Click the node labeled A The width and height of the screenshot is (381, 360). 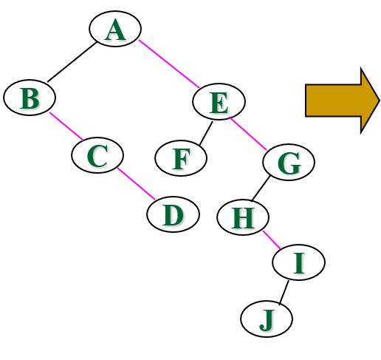(115, 29)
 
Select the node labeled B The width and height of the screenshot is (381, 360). (30, 98)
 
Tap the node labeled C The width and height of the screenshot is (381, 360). (97, 155)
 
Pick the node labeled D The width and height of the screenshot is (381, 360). (173, 214)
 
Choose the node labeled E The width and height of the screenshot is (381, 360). (219, 101)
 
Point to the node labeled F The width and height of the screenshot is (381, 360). (181, 158)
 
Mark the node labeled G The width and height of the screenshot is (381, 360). (289, 162)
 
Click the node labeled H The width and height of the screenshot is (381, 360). (243, 217)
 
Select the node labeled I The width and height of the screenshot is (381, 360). (298, 262)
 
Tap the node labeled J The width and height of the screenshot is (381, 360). (267, 319)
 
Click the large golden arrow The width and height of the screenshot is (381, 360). (343, 101)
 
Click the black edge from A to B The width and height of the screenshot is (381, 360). (72, 62)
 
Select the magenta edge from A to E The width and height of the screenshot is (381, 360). (169, 64)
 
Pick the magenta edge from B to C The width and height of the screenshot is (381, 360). (66, 126)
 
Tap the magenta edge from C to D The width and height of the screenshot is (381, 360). (137, 184)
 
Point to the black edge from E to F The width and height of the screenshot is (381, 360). (206, 133)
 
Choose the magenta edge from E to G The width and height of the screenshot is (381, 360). (248, 134)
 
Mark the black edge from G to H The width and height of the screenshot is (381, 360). (261, 189)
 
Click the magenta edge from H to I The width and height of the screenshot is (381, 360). (272, 240)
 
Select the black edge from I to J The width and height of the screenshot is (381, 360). (284, 293)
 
